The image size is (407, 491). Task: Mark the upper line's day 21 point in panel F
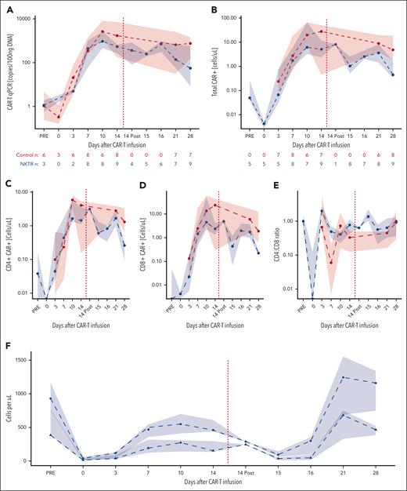pos(342,377)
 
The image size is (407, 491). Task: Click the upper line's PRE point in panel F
pos(51,398)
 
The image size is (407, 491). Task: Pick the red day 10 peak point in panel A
pos(103,32)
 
